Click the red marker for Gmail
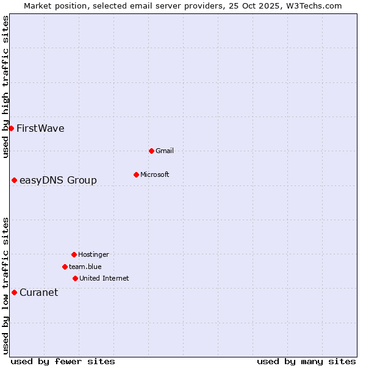click(151, 151)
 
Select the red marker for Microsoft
click(136, 174)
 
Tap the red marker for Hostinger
click(74, 254)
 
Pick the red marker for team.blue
click(65, 267)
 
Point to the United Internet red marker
click(75, 278)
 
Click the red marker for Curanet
click(14, 292)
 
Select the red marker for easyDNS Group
click(14, 180)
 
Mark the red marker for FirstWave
click(11, 128)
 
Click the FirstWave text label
click(40, 128)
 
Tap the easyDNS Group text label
click(58, 180)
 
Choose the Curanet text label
click(38, 292)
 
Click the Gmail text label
click(165, 151)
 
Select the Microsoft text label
click(155, 174)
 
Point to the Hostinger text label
click(93, 254)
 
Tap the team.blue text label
click(85, 267)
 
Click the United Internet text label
click(104, 278)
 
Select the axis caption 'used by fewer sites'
click(63, 361)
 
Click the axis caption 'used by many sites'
click(306, 361)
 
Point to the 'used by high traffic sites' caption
click(5, 87)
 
